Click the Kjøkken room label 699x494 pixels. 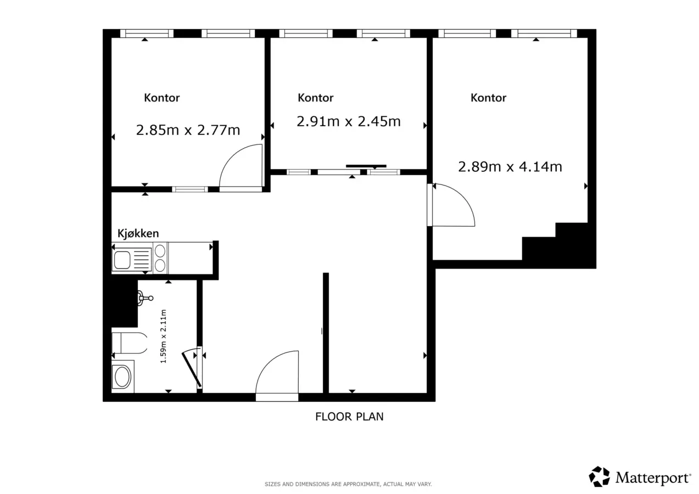click(138, 233)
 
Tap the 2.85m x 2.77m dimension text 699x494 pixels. click(188, 130)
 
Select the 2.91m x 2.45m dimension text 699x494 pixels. click(349, 121)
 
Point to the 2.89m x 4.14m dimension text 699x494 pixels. click(510, 167)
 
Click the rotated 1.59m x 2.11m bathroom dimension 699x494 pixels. click(163, 336)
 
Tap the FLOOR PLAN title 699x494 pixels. click(349, 417)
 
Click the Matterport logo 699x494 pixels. click(640, 477)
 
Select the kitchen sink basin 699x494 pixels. click(122, 260)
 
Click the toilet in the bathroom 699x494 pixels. click(130, 343)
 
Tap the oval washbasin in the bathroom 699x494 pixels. click(123, 377)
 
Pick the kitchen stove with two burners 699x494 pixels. click(160, 258)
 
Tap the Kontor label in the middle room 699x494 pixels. click(316, 98)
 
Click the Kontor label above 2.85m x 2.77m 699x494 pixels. click(161, 98)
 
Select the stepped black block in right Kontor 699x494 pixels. click(558, 245)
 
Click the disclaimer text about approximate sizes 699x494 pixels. click(348, 484)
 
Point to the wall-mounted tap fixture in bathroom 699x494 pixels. click(145, 298)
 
